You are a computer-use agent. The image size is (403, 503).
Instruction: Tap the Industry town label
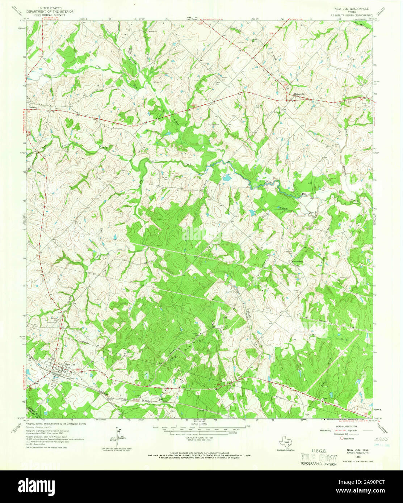point(34,107)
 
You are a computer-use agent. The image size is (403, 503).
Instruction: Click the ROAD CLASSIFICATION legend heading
point(346,427)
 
